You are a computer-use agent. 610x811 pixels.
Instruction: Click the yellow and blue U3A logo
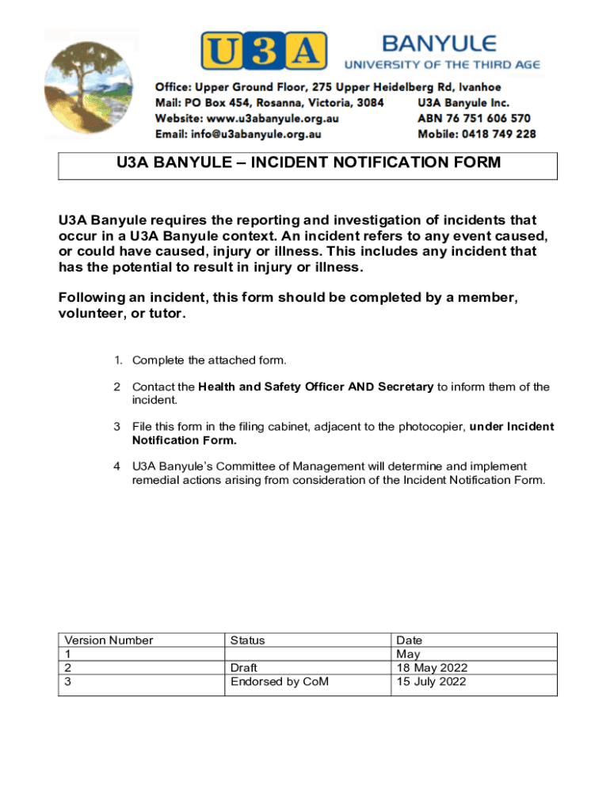(x=263, y=51)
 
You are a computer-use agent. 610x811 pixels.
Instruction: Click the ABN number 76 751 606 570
(x=489, y=118)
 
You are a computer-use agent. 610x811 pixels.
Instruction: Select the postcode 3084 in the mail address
(x=368, y=103)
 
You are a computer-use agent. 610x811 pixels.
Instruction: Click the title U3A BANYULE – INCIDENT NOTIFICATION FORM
(x=308, y=163)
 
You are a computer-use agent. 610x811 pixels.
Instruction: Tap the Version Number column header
(x=109, y=640)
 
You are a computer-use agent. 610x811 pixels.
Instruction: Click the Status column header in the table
(x=247, y=640)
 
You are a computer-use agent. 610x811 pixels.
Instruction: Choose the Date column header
(x=410, y=640)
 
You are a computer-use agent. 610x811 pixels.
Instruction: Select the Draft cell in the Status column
(x=244, y=668)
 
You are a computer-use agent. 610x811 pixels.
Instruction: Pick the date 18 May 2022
(x=432, y=668)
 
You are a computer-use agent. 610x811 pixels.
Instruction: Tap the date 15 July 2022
(x=432, y=681)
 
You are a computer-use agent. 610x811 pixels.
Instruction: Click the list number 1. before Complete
(x=117, y=360)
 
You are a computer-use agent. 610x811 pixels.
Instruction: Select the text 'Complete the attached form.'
(x=209, y=360)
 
